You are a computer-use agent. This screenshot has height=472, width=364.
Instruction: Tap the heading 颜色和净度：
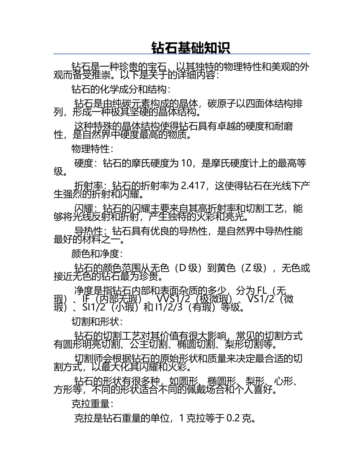point(97,254)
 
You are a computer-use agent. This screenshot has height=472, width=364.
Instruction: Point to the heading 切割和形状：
point(97,321)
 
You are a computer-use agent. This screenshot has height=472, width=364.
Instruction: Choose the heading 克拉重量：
point(92,403)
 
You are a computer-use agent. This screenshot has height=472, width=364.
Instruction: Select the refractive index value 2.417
point(194,186)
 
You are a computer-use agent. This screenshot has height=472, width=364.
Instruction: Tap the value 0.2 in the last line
point(233,418)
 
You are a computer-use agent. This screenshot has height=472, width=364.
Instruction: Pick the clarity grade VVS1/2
point(173,299)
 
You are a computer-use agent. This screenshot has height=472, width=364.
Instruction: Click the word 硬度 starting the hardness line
point(84,163)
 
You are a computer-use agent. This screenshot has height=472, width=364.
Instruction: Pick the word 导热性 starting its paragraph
point(88,231)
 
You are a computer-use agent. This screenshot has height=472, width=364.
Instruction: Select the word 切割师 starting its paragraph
point(88,359)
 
